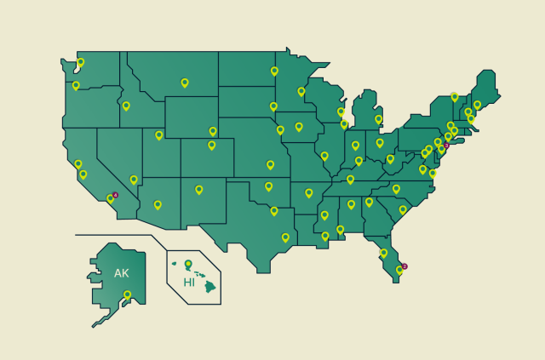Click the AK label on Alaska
point(121,273)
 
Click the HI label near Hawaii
point(189,282)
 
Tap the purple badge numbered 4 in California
point(115,195)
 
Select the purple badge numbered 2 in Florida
point(404,266)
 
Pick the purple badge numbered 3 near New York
point(446,146)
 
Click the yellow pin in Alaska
point(127,295)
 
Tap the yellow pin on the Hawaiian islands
point(188,264)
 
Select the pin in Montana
point(185,83)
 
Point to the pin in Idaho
point(126,106)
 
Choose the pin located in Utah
point(159,134)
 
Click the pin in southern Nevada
point(134,180)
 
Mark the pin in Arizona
point(158,204)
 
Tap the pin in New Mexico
point(199,190)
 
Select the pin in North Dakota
point(274,71)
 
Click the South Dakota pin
point(273,106)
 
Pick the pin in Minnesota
point(301,91)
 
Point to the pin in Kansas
point(271,165)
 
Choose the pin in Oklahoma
point(268,186)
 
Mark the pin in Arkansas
point(309,193)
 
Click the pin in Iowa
point(299,127)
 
